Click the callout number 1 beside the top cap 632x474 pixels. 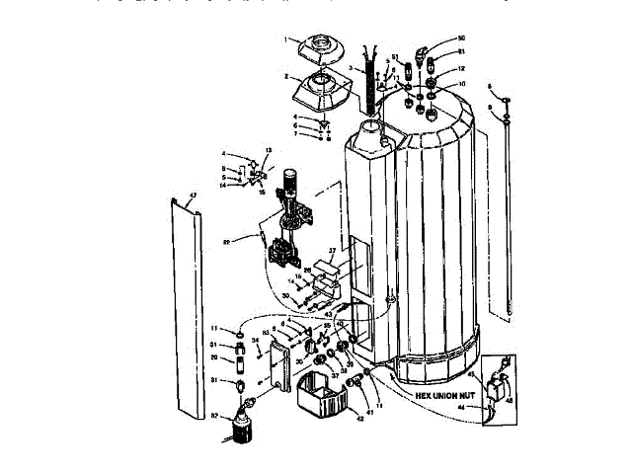tap(285, 40)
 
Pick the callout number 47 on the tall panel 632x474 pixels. tap(193, 195)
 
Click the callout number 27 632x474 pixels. tap(333, 252)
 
